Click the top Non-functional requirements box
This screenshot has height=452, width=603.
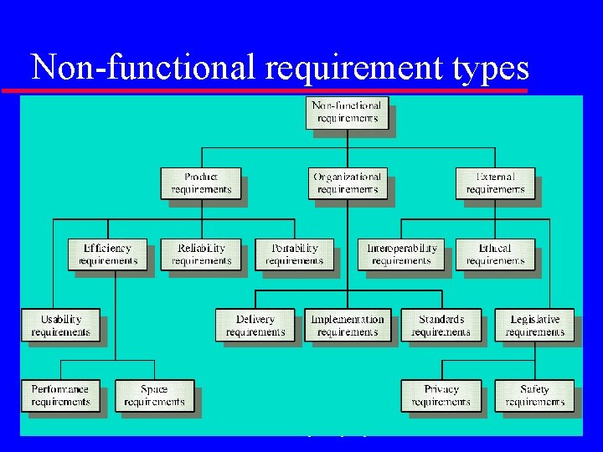[x=347, y=112]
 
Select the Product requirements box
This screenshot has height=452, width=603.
[x=201, y=183]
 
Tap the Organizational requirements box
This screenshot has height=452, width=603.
[x=347, y=183]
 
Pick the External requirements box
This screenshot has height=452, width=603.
[x=495, y=183]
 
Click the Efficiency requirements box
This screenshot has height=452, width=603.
[x=107, y=254]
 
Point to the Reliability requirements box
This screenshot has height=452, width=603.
[x=201, y=254]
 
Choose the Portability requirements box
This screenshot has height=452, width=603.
[x=294, y=254]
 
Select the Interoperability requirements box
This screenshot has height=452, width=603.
[x=401, y=254]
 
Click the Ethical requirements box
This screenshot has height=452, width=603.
[x=495, y=254]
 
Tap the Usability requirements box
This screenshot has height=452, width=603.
[x=60, y=326]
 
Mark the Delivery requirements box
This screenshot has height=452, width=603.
[x=255, y=326]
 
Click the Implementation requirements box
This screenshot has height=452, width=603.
[x=347, y=326]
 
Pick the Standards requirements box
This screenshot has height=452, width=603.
[x=441, y=326]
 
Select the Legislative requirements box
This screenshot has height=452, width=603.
[x=535, y=326]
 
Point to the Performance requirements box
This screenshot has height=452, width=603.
[x=60, y=395]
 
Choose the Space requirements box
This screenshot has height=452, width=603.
[x=154, y=395]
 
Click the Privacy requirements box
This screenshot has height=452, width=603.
[x=441, y=395]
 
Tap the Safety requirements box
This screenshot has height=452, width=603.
[x=534, y=395]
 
